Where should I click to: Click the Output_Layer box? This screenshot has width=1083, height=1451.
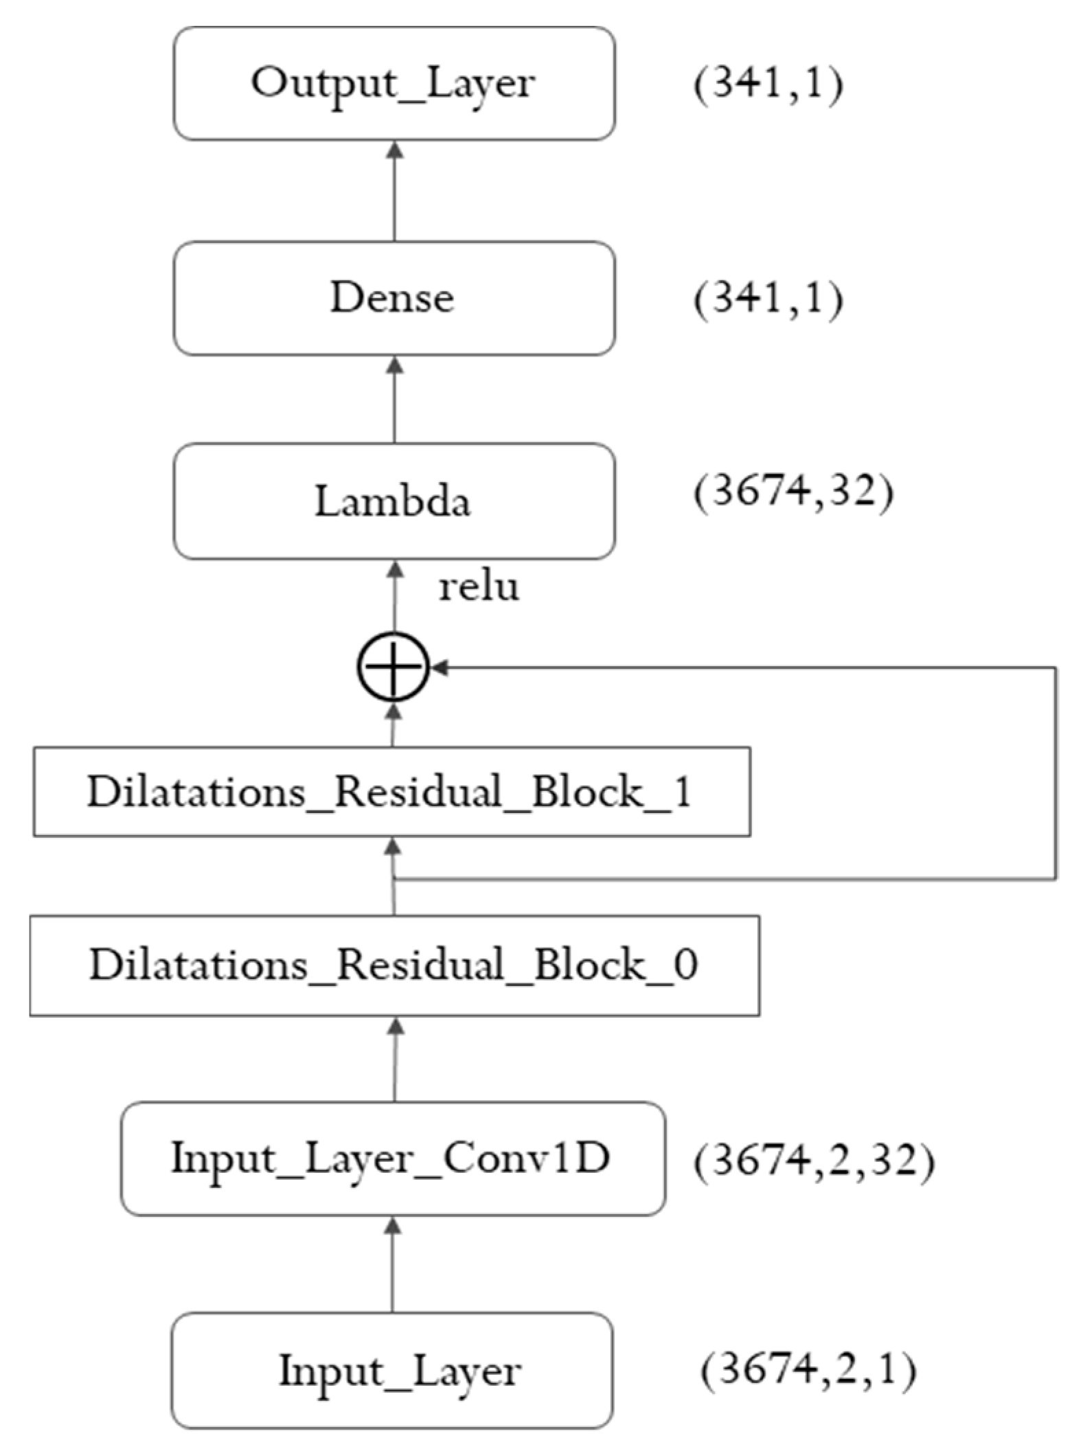click(394, 84)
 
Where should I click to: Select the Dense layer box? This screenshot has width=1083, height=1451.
click(394, 298)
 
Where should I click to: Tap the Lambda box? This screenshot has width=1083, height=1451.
click(394, 501)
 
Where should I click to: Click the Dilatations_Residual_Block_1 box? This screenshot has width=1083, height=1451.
click(391, 791)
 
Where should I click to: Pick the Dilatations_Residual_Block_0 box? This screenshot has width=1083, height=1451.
click(394, 965)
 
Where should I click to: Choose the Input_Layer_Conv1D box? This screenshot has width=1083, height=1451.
click(393, 1159)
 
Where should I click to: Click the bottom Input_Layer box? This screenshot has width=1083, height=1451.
click(391, 1371)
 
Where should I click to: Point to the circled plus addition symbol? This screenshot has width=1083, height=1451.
click(394, 667)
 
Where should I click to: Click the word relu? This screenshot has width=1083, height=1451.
click(479, 587)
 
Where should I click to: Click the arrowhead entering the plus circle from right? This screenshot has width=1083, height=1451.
click(440, 667)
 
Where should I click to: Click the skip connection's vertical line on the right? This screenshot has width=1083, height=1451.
click(1056, 773)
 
